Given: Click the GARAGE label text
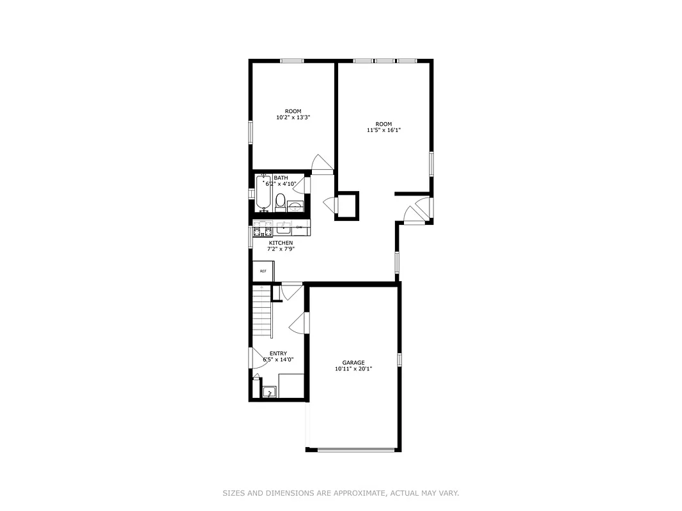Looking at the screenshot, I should point(353,362).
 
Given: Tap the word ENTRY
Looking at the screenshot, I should point(278,353).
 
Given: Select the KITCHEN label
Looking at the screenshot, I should point(281,243).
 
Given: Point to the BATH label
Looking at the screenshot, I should point(281,178).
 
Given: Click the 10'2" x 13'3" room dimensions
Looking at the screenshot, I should point(293,118).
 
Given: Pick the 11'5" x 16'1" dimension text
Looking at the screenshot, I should point(384,130).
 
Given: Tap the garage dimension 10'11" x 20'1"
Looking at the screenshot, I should point(353,369).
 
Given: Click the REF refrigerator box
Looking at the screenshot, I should point(263,271).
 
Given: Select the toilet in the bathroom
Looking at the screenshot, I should point(280,204).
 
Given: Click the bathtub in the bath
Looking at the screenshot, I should point(263,194).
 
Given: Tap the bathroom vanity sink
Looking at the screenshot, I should point(295,206).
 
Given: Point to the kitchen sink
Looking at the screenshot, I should point(284,227).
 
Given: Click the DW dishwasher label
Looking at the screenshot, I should point(298,227).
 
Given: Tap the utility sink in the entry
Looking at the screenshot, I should point(270,391).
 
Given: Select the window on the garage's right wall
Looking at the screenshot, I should point(399,359).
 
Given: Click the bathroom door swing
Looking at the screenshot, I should point(300,185).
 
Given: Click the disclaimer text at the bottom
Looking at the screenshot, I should point(341,493).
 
